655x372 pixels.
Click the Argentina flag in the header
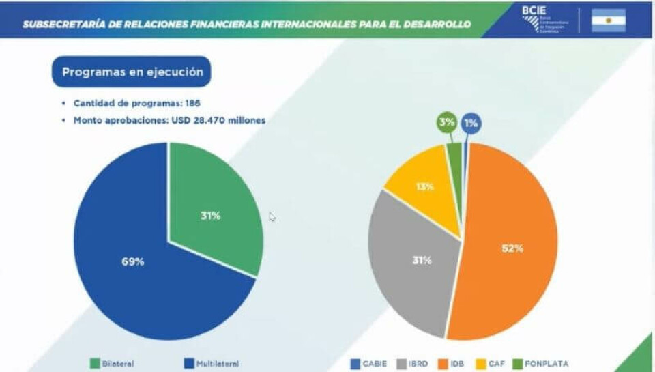coord(609,21)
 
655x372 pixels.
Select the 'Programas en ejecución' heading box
coord(132,72)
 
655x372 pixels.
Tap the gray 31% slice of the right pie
coord(413,259)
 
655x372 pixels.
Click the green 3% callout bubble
coord(448,123)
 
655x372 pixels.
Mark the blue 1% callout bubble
coord(471,123)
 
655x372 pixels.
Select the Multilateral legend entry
coord(211,364)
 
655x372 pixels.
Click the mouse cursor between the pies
coord(272,216)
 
